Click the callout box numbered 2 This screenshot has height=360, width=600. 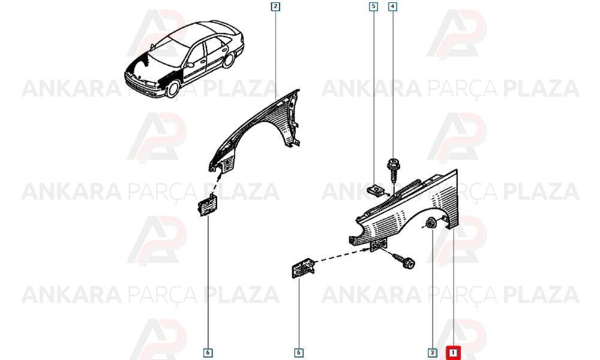point(275,7)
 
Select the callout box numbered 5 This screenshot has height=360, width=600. point(373,7)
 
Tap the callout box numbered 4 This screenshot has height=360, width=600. point(392,7)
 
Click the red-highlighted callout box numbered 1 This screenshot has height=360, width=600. point(453,352)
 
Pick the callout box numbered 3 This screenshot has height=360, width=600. point(433,352)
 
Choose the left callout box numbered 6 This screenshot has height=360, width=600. point(208,352)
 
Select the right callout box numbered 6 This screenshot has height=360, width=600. point(299,352)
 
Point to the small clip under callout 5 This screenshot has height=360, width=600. point(376,190)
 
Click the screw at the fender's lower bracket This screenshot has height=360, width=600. point(404,260)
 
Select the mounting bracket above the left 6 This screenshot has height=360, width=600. point(208,205)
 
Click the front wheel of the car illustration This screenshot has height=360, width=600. point(173,88)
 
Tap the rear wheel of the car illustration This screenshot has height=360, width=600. point(229,61)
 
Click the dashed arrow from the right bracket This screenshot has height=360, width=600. point(341,255)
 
